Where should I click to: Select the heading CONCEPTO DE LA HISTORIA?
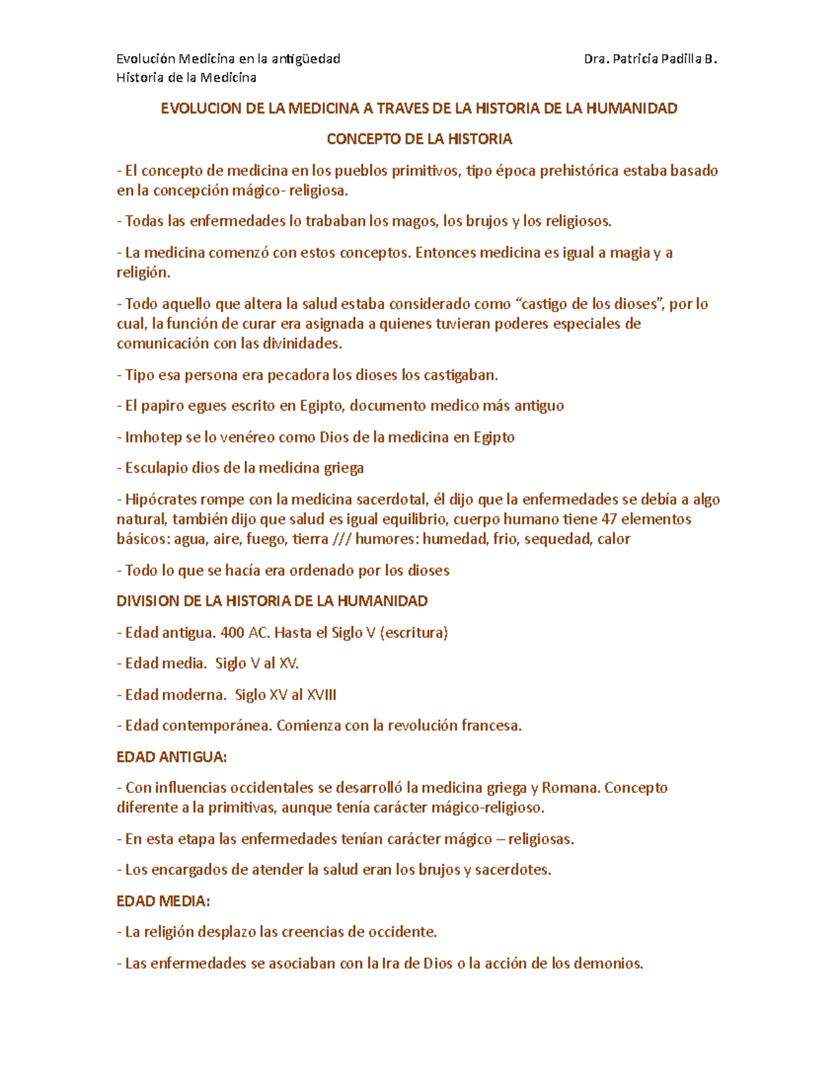pyautogui.click(x=419, y=139)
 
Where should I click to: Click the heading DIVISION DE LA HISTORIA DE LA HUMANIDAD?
pyautogui.click(x=272, y=601)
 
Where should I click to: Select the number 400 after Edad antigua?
pyautogui.click(x=232, y=632)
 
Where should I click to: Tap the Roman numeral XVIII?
pyautogui.click(x=322, y=694)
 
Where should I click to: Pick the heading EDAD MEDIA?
pyautogui.click(x=163, y=901)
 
